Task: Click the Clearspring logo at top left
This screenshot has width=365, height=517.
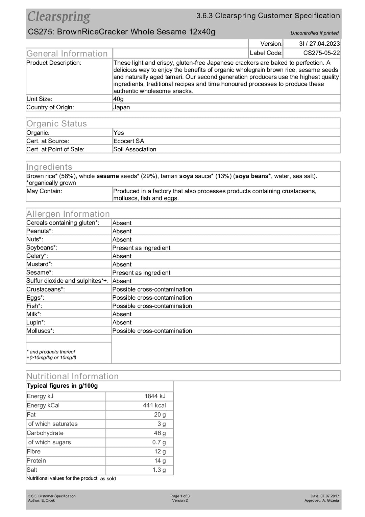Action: tap(59, 17)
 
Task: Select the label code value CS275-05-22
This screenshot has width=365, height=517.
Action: tap(321, 53)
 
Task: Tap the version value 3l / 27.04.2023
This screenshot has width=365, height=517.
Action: tap(319, 44)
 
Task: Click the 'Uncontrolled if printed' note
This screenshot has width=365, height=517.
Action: tap(314, 33)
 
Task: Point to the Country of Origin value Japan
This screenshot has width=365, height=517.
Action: tap(122, 107)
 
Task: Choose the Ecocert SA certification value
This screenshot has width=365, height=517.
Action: tap(128, 141)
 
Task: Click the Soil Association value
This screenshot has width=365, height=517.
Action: tap(135, 149)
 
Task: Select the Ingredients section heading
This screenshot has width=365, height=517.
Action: tap(49, 167)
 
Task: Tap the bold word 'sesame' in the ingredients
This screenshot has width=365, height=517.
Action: tap(107, 176)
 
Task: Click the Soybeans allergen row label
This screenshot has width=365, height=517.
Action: tap(42, 247)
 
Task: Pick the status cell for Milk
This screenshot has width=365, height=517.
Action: tap(122, 314)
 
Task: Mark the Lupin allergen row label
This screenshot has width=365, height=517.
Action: tap(36, 322)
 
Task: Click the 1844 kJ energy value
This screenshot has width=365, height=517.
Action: tap(155, 396)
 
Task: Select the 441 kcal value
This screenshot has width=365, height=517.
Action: tap(154, 405)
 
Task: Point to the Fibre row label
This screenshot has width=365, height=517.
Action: tap(33, 451)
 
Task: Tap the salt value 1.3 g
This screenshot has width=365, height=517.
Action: tap(159, 470)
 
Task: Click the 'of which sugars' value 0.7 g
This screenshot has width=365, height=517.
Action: tap(159, 442)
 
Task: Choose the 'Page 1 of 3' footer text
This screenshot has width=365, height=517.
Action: tap(180, 496)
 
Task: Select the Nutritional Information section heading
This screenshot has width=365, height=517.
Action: tap(72, 376)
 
